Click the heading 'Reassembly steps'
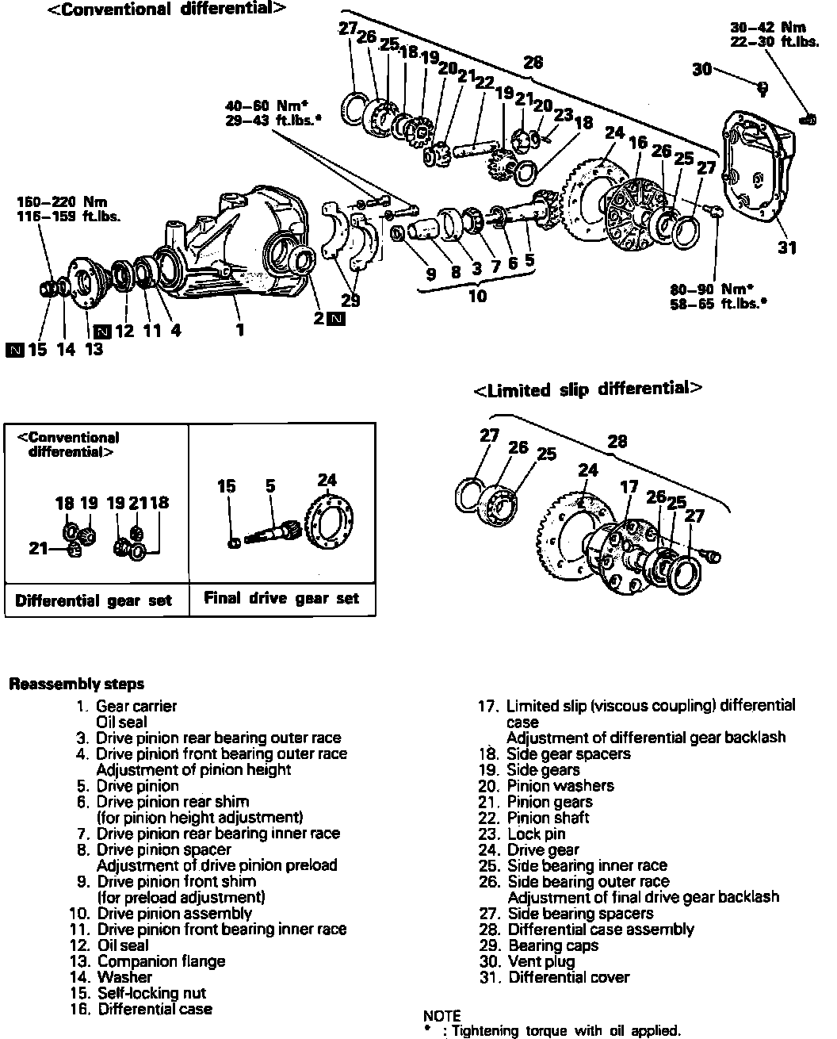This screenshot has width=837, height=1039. (76, 684)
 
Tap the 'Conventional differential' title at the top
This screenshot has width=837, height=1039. (167, 10)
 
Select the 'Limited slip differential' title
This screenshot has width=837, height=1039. (587, 389)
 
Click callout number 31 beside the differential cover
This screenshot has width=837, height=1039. (785, 248)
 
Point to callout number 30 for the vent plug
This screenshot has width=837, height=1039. (702, 70)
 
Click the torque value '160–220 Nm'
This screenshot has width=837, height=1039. (61, 202)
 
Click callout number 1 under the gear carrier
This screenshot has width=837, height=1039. (239, 329)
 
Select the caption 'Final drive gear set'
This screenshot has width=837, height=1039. (281, 598)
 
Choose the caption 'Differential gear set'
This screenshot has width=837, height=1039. (94, 600)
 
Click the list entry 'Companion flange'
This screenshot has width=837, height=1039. (161, 961)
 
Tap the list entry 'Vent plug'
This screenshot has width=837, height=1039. (541, 961)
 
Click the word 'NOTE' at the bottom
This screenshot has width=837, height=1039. (441, 1016)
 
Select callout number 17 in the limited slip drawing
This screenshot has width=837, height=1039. (629, 487)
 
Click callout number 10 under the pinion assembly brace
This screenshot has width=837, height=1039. (477, 297)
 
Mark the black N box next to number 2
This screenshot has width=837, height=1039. (336, 320)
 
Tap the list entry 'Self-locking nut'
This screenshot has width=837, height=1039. (151, 993)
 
